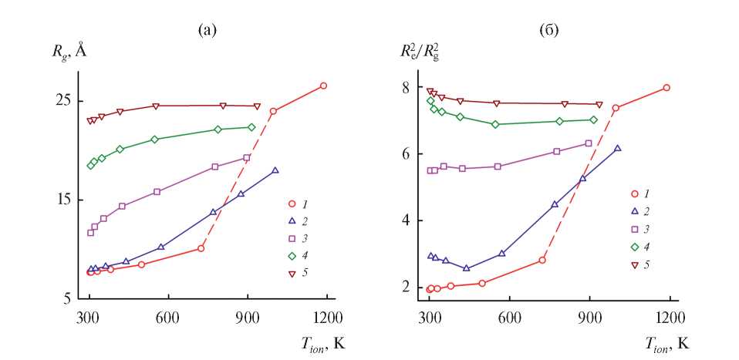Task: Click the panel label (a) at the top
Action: point(208,31)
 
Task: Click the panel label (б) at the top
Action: point(548,31)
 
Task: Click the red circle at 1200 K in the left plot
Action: point(323,86)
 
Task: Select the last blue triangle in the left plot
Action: point(275,170)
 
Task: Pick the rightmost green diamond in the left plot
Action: point(251,127)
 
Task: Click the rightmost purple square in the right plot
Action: point(589,143)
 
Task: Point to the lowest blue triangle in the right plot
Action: point(466,267)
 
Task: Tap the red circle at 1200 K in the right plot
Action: point(666,88)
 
